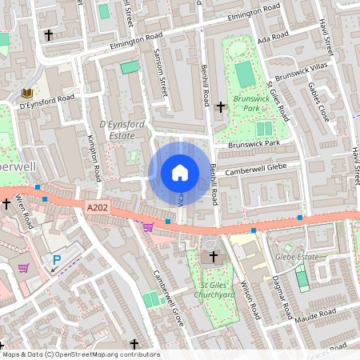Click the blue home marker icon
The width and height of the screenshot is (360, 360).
coord(180,172)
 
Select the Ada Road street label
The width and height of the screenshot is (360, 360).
coord(274,37)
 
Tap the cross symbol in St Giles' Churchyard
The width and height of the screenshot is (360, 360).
coord(214,257)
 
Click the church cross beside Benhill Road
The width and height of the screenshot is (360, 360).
coord(221,106)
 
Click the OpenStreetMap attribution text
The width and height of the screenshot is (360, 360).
coord(81,354)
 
